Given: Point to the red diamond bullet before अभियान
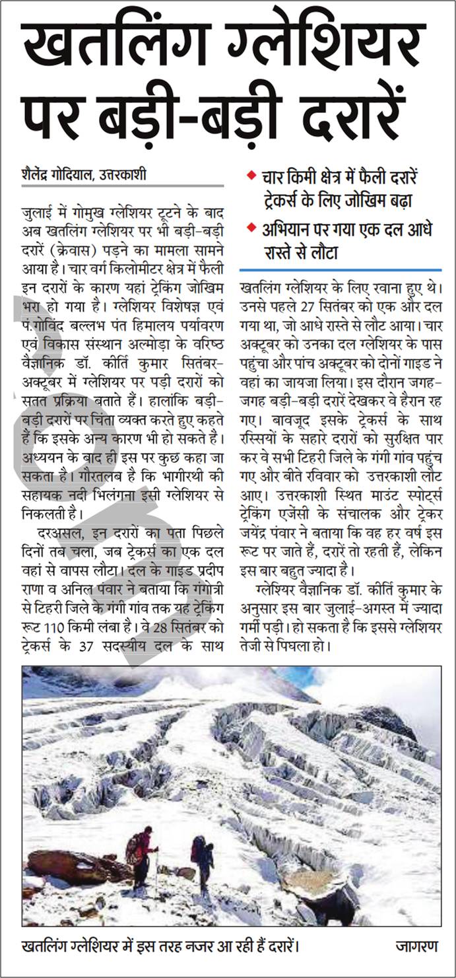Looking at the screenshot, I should pyautogui.click(x=251, y=228).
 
